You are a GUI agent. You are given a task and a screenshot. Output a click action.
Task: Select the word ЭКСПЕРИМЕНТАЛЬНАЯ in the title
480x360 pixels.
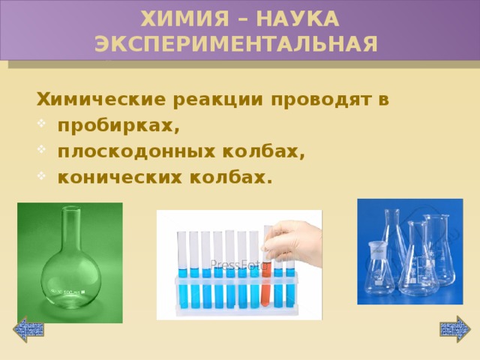[236, 43]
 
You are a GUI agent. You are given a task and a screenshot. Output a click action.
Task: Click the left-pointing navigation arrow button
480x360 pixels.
[29, 328]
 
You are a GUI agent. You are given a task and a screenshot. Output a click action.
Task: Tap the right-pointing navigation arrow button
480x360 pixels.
[454, 328]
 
